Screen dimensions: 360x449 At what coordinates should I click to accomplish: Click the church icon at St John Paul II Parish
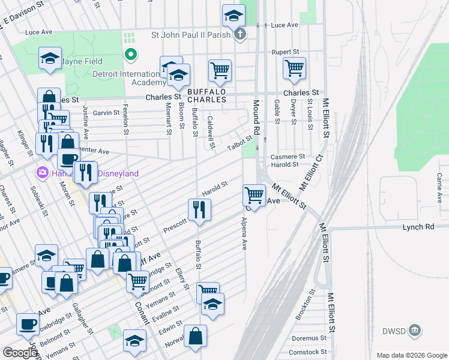pos(240,34)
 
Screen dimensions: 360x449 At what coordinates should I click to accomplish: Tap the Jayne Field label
pos(80,61)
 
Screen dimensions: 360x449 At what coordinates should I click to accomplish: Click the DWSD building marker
pos(414,329)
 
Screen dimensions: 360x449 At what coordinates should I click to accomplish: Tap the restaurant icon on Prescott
pos(198,209)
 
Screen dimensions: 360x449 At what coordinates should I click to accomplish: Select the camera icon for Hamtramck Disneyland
pos(42,173)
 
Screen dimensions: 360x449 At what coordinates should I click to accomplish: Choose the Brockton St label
pos(306,305)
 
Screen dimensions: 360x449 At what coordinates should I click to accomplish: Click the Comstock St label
pos(308,352)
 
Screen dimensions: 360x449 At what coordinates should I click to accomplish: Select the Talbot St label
pos(240,143)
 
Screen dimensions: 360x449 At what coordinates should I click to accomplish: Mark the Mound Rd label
pos(256,116)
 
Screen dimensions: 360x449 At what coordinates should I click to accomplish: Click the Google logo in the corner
pos(20,353)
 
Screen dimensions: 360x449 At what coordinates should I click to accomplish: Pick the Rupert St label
pos(285,52)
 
